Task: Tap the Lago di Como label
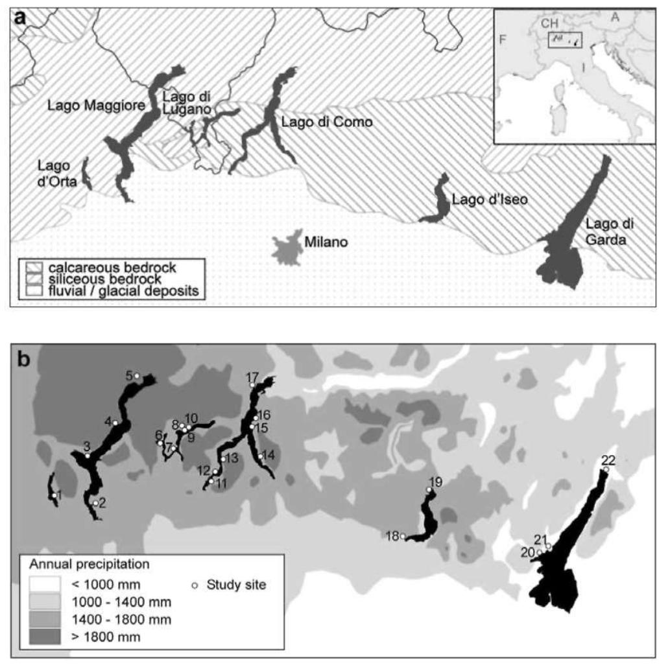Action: (327, 121)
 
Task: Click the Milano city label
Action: (326, 242)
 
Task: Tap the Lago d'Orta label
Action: (57, 174)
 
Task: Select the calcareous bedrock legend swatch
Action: (34, 267)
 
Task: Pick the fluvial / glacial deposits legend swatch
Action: (34, 291)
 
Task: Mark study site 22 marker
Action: (606, 469)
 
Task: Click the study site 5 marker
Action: (137, 376)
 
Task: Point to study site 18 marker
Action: (403, 536)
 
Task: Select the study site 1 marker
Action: (53, 496)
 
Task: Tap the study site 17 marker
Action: (252, 385)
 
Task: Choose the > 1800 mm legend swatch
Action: (44, 636)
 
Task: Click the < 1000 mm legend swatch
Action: (44, 584)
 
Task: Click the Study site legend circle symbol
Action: (194, 585)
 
